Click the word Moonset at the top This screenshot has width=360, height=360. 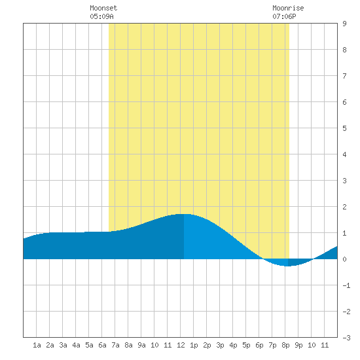tap(103, 8)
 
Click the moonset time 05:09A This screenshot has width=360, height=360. tap(101, 16)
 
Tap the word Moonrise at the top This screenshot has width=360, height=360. tap(288, 8)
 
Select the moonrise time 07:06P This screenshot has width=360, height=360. tap(284, 16)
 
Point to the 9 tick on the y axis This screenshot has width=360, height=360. tap(344, 24)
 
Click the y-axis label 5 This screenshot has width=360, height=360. tap(344, 128)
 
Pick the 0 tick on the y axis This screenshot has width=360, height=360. tap(344, 259)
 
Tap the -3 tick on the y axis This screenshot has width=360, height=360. tap(346, 338)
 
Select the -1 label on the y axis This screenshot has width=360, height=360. tap(346, 285)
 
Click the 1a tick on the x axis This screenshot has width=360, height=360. tap(37, 345)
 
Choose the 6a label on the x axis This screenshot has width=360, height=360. tap(102, 345)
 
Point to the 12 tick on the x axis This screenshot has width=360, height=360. tap(181, 345)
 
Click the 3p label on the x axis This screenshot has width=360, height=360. tap(220, 345)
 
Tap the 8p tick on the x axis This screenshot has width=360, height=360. tap(285, 345)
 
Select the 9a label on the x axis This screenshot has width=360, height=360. tap(141, 345)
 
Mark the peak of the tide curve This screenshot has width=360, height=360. tap(185, 214)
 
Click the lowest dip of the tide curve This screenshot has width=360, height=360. tap(287, 266)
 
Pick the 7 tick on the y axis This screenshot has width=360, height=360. tap(344, 76)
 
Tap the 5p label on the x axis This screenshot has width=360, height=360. tap(246, 345)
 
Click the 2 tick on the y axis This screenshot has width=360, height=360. tap(344, 207)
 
